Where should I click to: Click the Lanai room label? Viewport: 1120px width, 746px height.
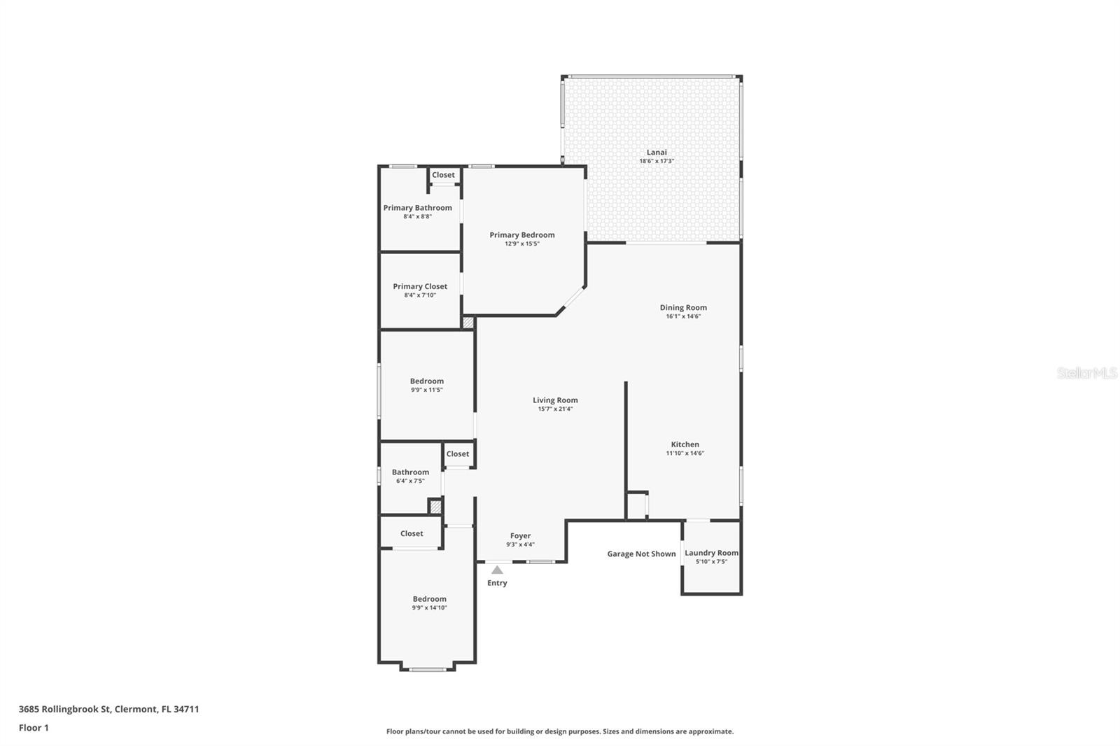(x=656, y=153)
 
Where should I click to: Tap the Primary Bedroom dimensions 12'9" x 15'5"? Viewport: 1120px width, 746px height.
(x=522, y=244)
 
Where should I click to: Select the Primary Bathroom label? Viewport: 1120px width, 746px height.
(x=417, y=208)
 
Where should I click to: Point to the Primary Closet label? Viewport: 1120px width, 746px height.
(x=420, y=286)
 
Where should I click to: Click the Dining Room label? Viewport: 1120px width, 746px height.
(x=683, y=307)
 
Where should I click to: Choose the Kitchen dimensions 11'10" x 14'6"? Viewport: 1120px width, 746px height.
(x=685, y=453)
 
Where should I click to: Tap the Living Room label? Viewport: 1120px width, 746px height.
(x=555, y=400)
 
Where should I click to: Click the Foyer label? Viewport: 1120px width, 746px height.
(x=520, y=536)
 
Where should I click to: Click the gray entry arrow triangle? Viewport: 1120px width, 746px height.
(x=497, y=570)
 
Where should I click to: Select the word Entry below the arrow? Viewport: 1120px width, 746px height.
(x=497, y=583)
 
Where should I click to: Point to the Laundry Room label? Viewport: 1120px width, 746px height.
(x=711, y=553)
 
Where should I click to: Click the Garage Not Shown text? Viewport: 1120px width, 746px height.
(x=641, y=554)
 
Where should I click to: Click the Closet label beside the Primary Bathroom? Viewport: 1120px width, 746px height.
(x=443, y=175)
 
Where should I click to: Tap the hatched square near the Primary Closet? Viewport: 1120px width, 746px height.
(x=468, y=323)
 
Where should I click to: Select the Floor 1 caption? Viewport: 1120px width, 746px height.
(x=34, y=728)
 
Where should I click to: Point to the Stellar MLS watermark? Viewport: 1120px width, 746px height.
(x=1086, y=373)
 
